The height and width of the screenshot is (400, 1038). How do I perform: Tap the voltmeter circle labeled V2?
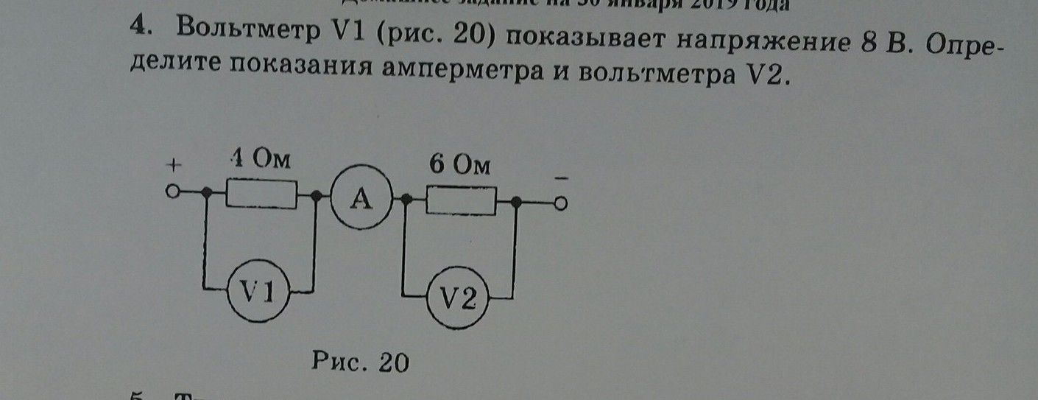click(x=459, y=301)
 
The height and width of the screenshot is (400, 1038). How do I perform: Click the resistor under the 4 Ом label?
click(x=261, y=196)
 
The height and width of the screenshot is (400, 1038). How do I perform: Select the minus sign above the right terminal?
click(x=561, y=178)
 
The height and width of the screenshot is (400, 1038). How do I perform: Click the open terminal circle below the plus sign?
click(x=172, y=193)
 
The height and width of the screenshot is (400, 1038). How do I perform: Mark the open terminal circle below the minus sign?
click(x=561, y=204)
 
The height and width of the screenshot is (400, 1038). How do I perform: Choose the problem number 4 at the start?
click(x=138, y=25)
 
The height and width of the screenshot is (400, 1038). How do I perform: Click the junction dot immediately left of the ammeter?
click(x=317, y=196)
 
